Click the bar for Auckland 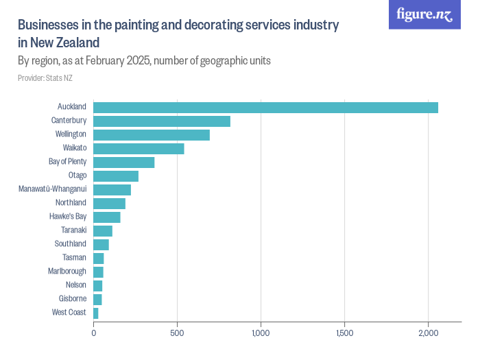(265, 108)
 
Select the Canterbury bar (162, 121)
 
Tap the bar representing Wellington (152, 135)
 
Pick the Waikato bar (139, 149)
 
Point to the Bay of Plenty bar (124, 163)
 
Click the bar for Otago (116, 176)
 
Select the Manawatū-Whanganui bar (112, 190)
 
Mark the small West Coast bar (96, 313)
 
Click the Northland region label (71, 203)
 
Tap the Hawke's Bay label (68, 217)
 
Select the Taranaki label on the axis (73, 230)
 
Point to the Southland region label (71, 244)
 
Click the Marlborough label (67, 272)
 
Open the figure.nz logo (424, 14)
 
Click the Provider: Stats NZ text (45, 78)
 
